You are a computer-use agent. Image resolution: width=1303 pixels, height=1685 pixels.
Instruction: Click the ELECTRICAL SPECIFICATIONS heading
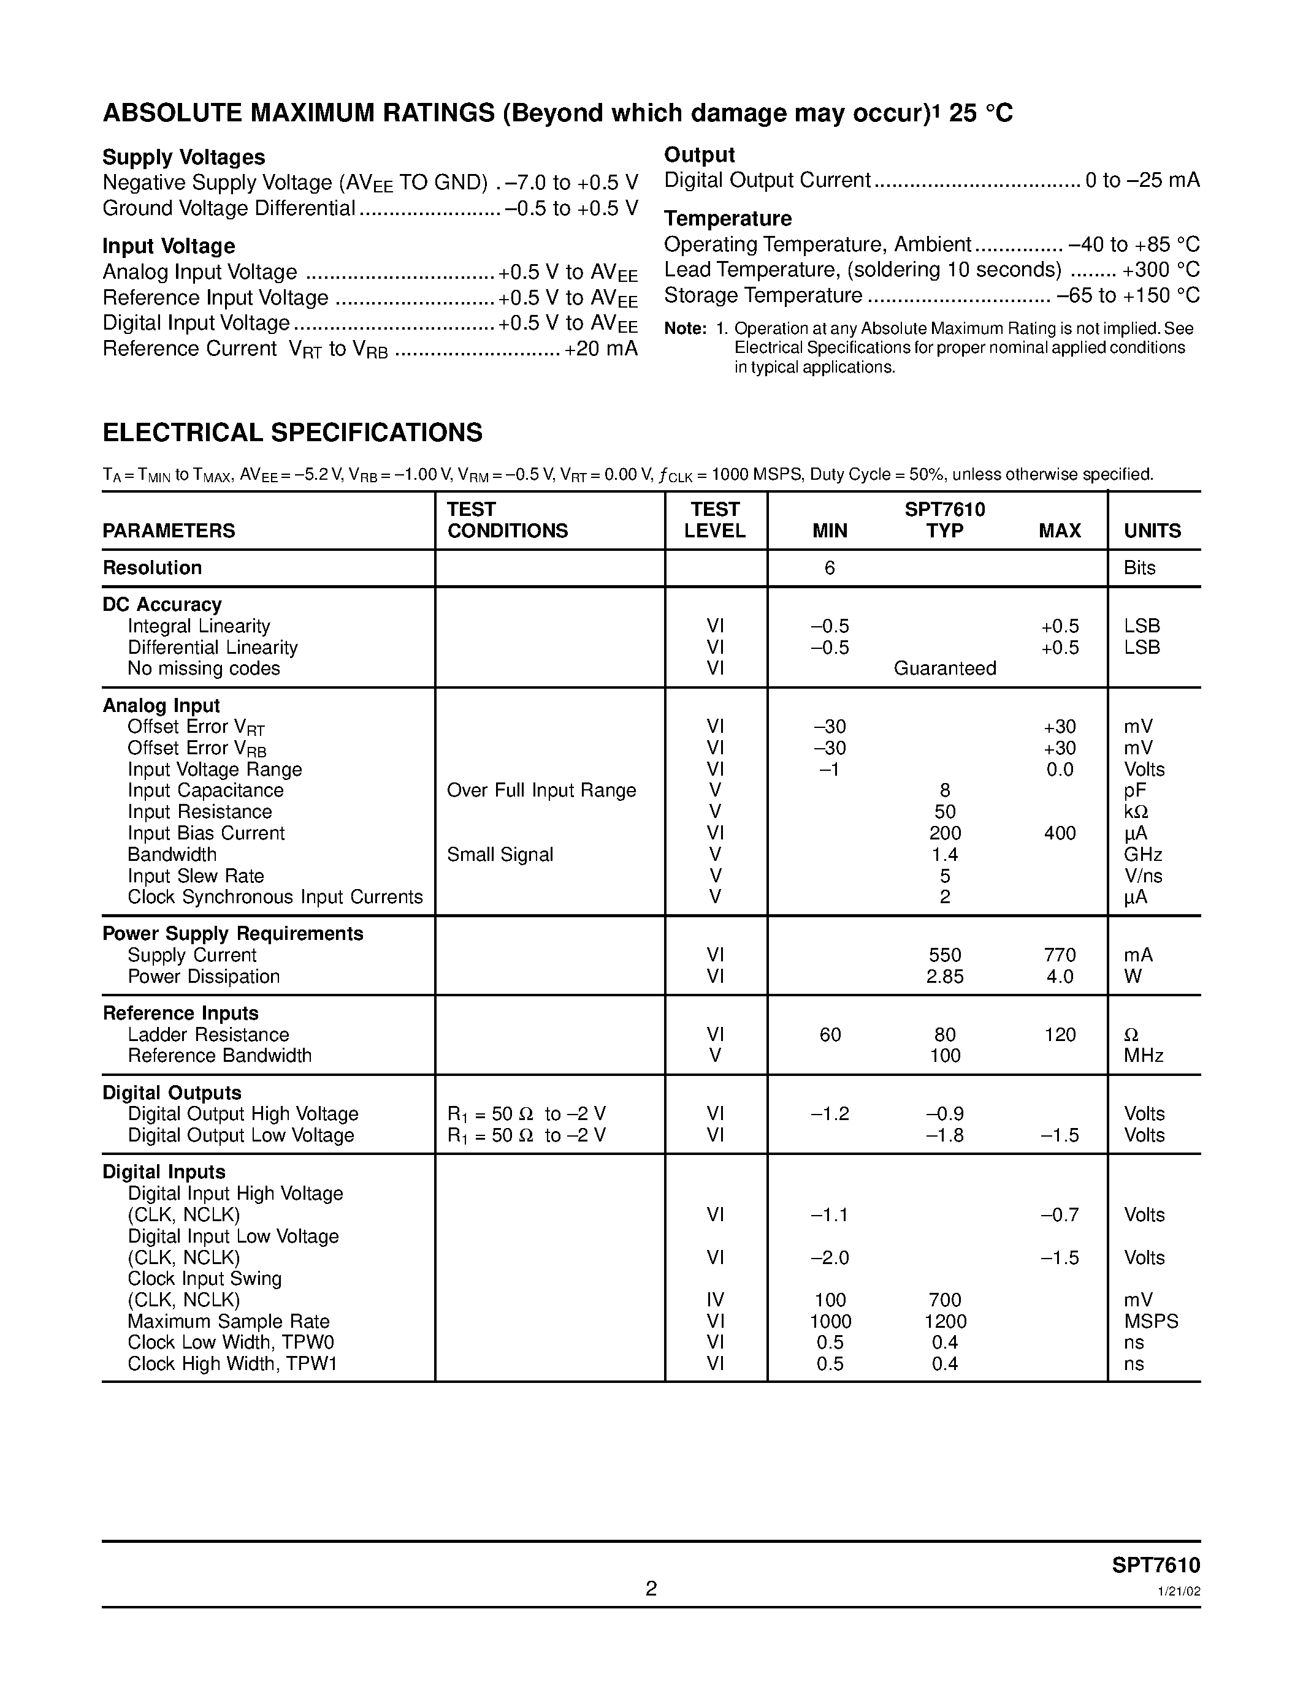pyautogui.click(x=292, y=432)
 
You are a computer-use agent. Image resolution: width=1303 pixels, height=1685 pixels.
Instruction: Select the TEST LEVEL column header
pyautogui.click(x=715, y=520)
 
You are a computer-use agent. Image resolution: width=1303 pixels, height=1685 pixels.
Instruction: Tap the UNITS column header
pyautogui.click(x=1152, y=531)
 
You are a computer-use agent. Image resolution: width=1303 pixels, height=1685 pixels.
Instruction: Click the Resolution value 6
pyautogui.click(x=829, y=568)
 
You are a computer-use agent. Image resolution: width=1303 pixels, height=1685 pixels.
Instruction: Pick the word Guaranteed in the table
pyautogui.click(x=944, y=668)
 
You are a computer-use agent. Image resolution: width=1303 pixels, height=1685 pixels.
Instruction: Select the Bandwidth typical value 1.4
pyautogui.click(x=944, y=855)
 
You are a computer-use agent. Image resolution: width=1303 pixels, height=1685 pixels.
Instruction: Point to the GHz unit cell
pyautogui.click(x=1142, y=855)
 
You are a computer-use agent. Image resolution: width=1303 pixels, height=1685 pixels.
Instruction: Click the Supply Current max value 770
pyautogui.click(x=1059, y=955)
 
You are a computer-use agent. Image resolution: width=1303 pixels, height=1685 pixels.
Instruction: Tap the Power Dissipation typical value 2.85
pyautogui.click(x=944, y=977)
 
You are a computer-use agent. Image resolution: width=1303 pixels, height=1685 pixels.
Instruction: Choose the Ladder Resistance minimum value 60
pyautogui.click(x=830, y=1035)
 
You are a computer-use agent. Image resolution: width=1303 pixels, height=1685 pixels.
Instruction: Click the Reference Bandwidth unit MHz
pyautogui.click(x=1143, y=1056)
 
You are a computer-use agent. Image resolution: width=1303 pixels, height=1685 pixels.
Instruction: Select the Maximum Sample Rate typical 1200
pyautogui.click(x=945, y=1322)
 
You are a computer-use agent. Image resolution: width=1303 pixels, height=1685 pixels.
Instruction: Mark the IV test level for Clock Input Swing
pyautogui.click(x=715, y=1300)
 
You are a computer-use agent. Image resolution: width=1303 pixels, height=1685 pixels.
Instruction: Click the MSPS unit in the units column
pyautogui.click(x=1151, y=1322)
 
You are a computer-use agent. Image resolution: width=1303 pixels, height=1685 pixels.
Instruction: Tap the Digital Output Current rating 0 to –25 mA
pyautogui.click(x=1142, y=181)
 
